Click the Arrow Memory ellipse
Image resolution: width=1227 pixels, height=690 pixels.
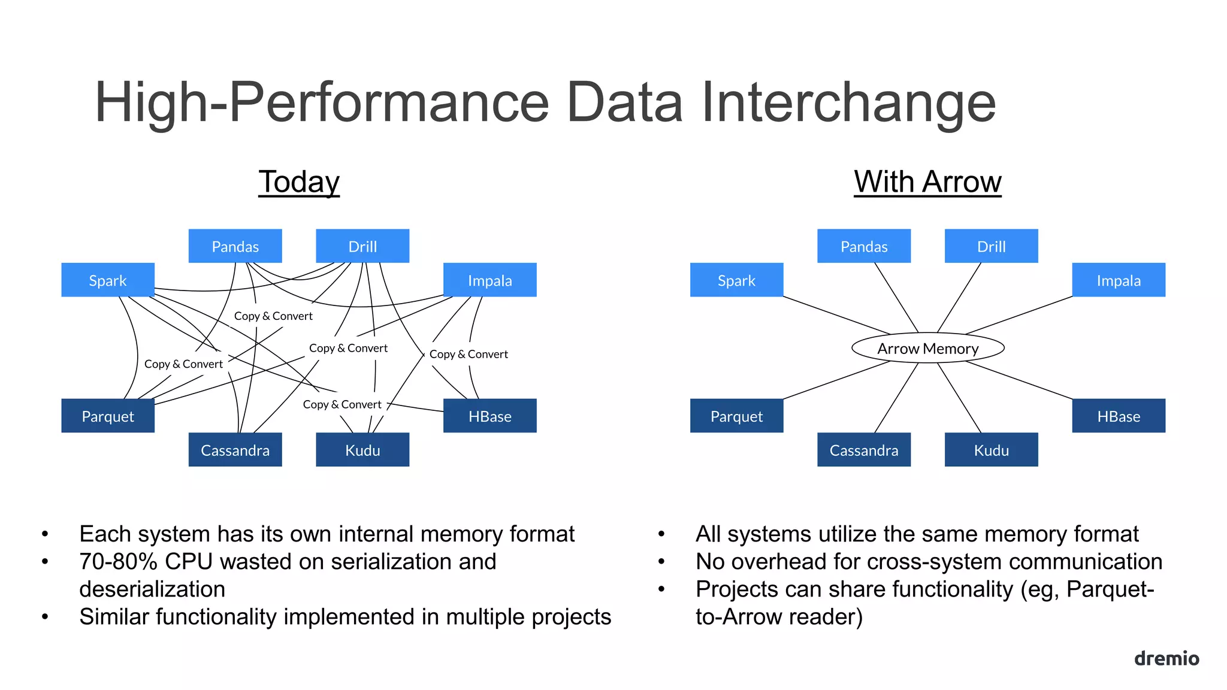(x=927, y=348)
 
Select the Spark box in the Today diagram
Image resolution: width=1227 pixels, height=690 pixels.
(x=108, y=280)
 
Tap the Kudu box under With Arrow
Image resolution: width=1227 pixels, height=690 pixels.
(x=991, y=450)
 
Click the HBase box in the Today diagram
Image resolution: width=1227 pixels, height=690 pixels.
(x=489, y=416)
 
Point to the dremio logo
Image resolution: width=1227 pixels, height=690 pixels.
(x=1166, y=658)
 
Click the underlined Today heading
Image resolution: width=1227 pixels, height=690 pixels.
(x=299, y=181)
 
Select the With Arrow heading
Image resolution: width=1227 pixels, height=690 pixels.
(x=927, y=181)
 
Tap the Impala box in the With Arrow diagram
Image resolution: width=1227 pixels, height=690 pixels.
(x=1118, y=280)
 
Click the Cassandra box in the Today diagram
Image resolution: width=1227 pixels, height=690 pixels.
(x=235, y=450)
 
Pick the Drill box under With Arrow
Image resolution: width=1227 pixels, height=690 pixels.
(x=991, y=246)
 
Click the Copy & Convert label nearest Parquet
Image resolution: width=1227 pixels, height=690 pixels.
(x=183, y=364)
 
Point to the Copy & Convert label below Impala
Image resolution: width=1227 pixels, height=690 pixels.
(x=469, y=354)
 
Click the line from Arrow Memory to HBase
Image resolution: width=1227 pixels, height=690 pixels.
(x=1019, y=380)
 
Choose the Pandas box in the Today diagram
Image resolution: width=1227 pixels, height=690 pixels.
(x=235, y=246)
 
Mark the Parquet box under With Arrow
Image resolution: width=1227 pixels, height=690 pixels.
(x=736, y=416)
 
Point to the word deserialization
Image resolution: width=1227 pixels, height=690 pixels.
(x=152, y=589)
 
